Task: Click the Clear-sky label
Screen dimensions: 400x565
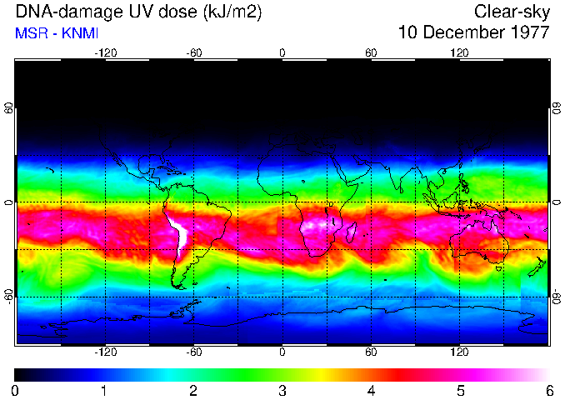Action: tap(512, 12)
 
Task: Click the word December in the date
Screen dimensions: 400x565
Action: tap(461, 33)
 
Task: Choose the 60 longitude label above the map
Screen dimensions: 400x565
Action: tap(371, 52)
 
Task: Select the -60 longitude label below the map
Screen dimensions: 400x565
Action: tap(193, 352)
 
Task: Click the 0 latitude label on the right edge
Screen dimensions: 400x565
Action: tap(555, 202)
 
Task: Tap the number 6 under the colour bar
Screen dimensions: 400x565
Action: tap(549, 390)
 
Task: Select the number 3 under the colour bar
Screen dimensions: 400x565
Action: tap(282, 390)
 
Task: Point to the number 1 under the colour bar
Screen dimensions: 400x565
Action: tap(104, 390)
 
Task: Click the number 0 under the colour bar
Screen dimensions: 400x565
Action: tap(16, 390)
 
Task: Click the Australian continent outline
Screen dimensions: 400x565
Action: tap(479, 242)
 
